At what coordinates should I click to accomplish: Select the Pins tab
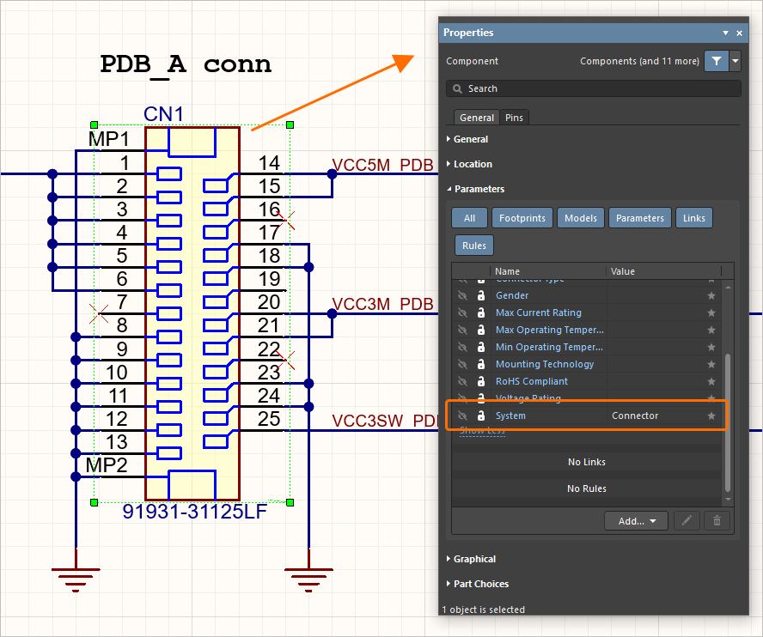click(x=515, y=118)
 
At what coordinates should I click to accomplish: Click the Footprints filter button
click(x=522, y=218)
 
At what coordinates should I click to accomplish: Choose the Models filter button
click(x=580, y=218)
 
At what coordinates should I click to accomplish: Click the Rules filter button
click(x=473, y=246)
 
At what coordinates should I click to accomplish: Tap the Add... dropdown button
click(x=636, y=520)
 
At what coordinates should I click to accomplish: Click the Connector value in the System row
click(x=635, y=416)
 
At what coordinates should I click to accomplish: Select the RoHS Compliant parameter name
click(x=531, y=381)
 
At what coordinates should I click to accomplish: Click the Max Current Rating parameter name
click(x=538, y=312)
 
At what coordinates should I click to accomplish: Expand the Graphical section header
click(x=474, y=559)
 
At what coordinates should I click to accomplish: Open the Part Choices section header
click(x=480, y=584)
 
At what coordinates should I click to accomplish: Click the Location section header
click(x=473, y=164)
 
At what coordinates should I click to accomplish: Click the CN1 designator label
click(x=163, y=115)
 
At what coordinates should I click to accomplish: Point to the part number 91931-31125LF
click(x=194, y=513)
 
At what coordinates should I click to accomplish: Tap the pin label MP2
click(x=107, y=465)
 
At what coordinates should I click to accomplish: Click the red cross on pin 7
click(x=99, y=313)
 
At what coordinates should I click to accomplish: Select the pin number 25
click(x=269, y=418)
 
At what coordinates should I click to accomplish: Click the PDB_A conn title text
click(x=186, y=64)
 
